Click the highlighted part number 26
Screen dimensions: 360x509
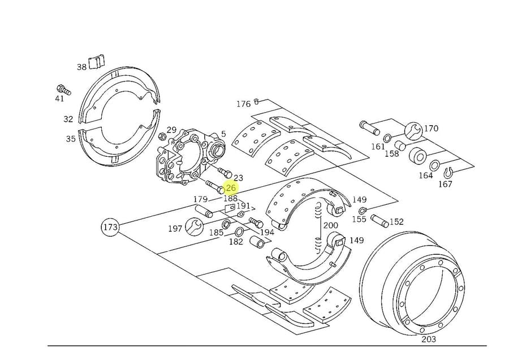(x=231, y=188)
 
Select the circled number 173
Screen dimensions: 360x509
(x=110, y=228)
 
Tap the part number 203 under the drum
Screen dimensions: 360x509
(x=429, y=339)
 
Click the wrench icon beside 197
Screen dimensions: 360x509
(x=193, y=228)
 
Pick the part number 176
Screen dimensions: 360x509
(x=243, y=104)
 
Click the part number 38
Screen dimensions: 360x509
(x=82, y=67)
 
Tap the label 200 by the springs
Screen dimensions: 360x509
(x=330, y=225)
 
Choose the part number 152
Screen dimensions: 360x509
(x=396, y=222)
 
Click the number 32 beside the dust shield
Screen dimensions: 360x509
(x=68, y=119)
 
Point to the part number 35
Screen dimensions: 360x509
(x=71, y=138)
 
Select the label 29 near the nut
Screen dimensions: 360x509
(x=171, y=130)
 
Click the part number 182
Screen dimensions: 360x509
(x=236, y=241)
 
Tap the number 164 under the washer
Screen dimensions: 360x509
(x=425, y=175)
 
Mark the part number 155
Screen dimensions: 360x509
(x=359, y=219)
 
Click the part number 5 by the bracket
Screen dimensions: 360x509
(x=223, y=134)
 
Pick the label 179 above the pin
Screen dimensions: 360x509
(x=201, y=199)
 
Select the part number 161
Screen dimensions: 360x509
(x=378, y=147)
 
